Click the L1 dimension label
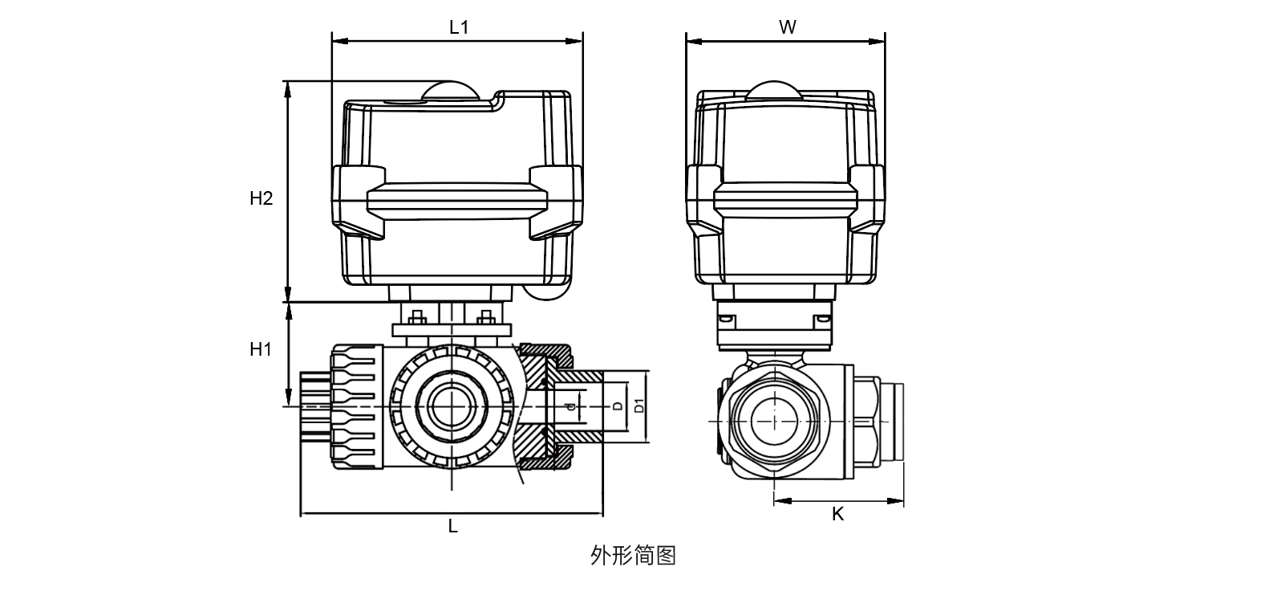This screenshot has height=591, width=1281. click(458, 27)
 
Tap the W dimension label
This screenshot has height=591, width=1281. click(787, 27)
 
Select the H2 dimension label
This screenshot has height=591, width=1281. click(261, 198)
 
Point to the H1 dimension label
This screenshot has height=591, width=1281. click(261, 349)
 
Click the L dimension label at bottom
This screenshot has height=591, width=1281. click(452, 527)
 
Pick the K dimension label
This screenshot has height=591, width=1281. click(837, 515)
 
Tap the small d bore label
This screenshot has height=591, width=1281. click(570, 407)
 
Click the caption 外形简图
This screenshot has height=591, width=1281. click(633, 556)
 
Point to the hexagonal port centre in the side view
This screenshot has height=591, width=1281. click(774, 420)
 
